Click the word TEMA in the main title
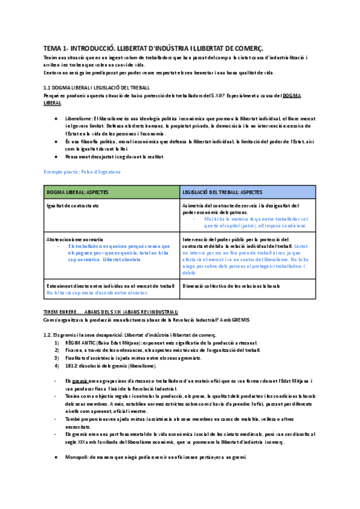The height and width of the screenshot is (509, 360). click(x=52, y=47)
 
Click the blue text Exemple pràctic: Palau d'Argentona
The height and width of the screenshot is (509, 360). click(x=82, y=172)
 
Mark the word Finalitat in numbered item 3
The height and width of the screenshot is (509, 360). click(x=76, y=357)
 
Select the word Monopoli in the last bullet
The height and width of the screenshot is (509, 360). click(x=78, y=457)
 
